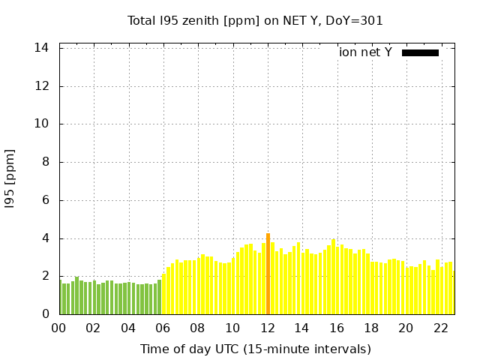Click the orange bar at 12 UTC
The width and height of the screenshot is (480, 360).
[268, 274]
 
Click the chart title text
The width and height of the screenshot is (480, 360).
[255, 20]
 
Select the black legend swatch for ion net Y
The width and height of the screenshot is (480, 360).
[420, 52]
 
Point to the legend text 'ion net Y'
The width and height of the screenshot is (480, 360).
[365, 52]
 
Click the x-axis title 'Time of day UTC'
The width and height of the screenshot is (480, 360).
[255, 349]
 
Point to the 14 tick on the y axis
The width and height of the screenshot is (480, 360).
[42, 48]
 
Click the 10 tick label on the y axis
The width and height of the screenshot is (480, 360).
[42, 124]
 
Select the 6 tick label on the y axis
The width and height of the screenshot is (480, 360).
[46, 200]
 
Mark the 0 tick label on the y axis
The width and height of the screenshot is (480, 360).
[46, 314]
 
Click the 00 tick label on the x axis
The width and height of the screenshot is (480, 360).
[59, 328]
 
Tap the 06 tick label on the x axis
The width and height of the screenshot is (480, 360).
[163, 328]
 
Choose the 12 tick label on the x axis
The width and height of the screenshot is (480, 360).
[267, 328]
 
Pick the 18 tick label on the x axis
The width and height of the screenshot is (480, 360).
[371, 328]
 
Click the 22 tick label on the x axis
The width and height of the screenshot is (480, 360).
[440, 328]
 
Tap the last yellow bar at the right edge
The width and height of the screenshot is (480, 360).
[450, 289]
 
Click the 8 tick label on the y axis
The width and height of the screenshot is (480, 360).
[46, 162]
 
